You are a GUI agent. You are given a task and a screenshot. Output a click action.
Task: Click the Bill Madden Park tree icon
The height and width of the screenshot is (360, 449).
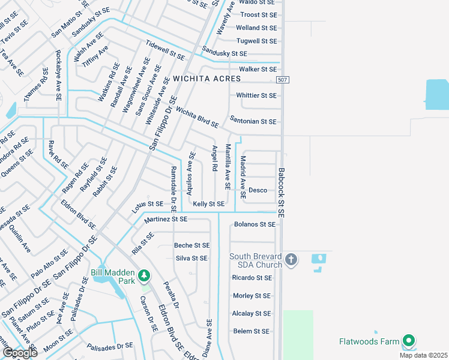[x=144, y=275]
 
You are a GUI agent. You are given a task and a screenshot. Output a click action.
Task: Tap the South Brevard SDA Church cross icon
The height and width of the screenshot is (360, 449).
[x=291, y=260]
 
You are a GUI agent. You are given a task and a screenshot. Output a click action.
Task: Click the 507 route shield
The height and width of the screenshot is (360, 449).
[x=283, y=80]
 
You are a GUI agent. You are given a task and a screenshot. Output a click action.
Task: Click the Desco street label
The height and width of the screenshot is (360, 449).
[x=258, y=190]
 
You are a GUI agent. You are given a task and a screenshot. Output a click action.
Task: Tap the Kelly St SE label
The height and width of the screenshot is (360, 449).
[x=208, y=204]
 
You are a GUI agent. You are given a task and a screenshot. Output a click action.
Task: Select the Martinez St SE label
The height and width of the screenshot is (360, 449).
[x=166, y=220]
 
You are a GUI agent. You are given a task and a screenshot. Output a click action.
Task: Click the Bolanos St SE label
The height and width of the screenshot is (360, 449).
[x=255, y=224]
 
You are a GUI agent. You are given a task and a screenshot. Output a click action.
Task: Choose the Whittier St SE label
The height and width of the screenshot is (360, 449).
[x=256, y=95]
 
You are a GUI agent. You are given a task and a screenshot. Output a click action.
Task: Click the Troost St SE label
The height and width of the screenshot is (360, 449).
[x=258, y=14]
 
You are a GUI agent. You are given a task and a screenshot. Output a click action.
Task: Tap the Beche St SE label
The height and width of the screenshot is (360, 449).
[x=192, y=245]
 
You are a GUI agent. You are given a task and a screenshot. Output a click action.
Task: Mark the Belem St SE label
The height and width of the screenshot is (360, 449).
[x=251, y=331]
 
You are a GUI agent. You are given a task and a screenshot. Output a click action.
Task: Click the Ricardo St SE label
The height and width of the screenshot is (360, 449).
[x=252, y=278]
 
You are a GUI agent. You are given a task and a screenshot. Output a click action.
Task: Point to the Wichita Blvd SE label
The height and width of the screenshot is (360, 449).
[x=197, y=119]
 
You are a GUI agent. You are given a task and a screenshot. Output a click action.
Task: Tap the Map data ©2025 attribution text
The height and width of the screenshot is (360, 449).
[x=423, y=355]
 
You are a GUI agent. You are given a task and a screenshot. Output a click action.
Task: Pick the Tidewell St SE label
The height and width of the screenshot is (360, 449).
[x=165, y=50]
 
